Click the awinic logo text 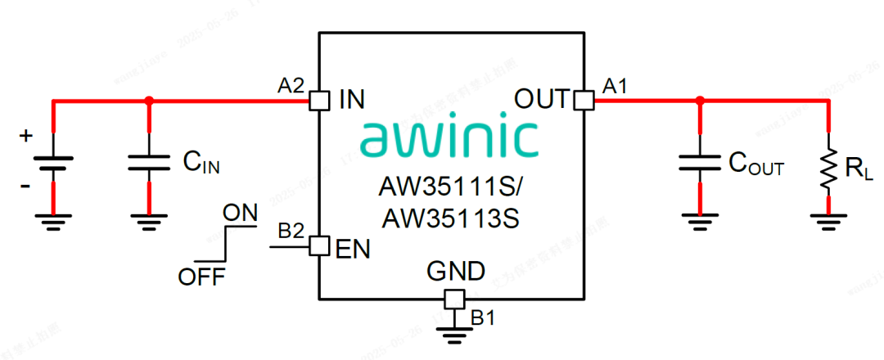(x=449, y=138)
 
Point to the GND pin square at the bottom (x=453, y=299)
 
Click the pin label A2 (x=291, y=84)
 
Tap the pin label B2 (x=291, y=231)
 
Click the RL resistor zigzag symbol (x=828, y=169)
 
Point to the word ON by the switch (x=240, y=213)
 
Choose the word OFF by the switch (x=201, y=277)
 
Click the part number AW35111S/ (x=449, y=187)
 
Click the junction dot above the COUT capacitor (x=700, y=101)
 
